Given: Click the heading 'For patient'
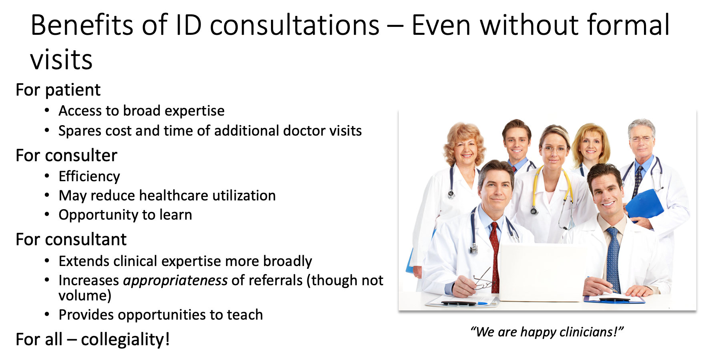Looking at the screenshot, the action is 58,90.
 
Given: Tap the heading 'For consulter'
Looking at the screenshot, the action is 66,155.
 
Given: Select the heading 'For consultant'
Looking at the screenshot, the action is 71,239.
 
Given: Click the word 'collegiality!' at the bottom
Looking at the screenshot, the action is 125,340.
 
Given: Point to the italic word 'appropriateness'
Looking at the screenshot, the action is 175,281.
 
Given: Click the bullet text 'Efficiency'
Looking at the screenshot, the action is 89,176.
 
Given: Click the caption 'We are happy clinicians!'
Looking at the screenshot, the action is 547,332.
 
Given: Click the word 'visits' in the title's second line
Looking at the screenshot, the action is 61,60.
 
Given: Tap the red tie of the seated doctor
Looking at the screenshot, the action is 495,256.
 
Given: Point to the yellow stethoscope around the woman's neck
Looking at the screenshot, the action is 552,188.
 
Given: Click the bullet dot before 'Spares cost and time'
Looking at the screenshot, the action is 47,130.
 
